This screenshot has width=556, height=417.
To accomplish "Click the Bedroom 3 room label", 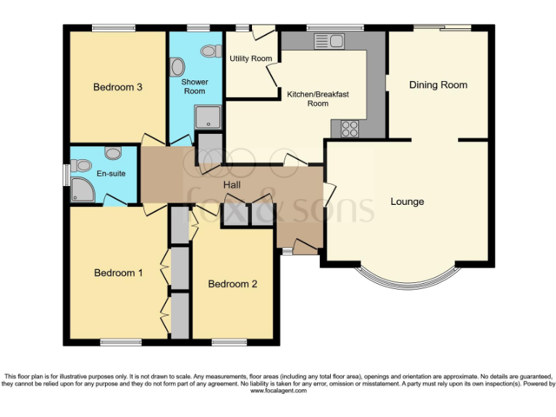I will pyautogui.click(x=117, y=88).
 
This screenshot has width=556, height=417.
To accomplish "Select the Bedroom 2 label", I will pyautogui.click(x=232, y=284).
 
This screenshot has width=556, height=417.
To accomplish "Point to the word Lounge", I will pyautogui.click(x=407, y=201).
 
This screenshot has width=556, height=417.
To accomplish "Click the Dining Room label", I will pyautogui.click(x=438, y=85).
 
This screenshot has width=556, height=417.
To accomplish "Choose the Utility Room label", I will pyautogui.click(x=250, y=59).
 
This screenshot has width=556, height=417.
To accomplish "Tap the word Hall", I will pyautogui.click(x=232, y=186).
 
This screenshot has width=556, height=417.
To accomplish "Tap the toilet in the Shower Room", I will pyautogui.click(x=210, y=51).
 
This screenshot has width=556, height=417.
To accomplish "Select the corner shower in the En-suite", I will pyautogui.click(x=80, y=190).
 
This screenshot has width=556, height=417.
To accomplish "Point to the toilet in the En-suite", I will pyautogui.click(x=112, y=153).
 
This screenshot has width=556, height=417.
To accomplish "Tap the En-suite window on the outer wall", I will pyautogui.click(x=66, y=174).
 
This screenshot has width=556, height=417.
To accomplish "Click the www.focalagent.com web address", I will pyautogui.click(x=278, y=391).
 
